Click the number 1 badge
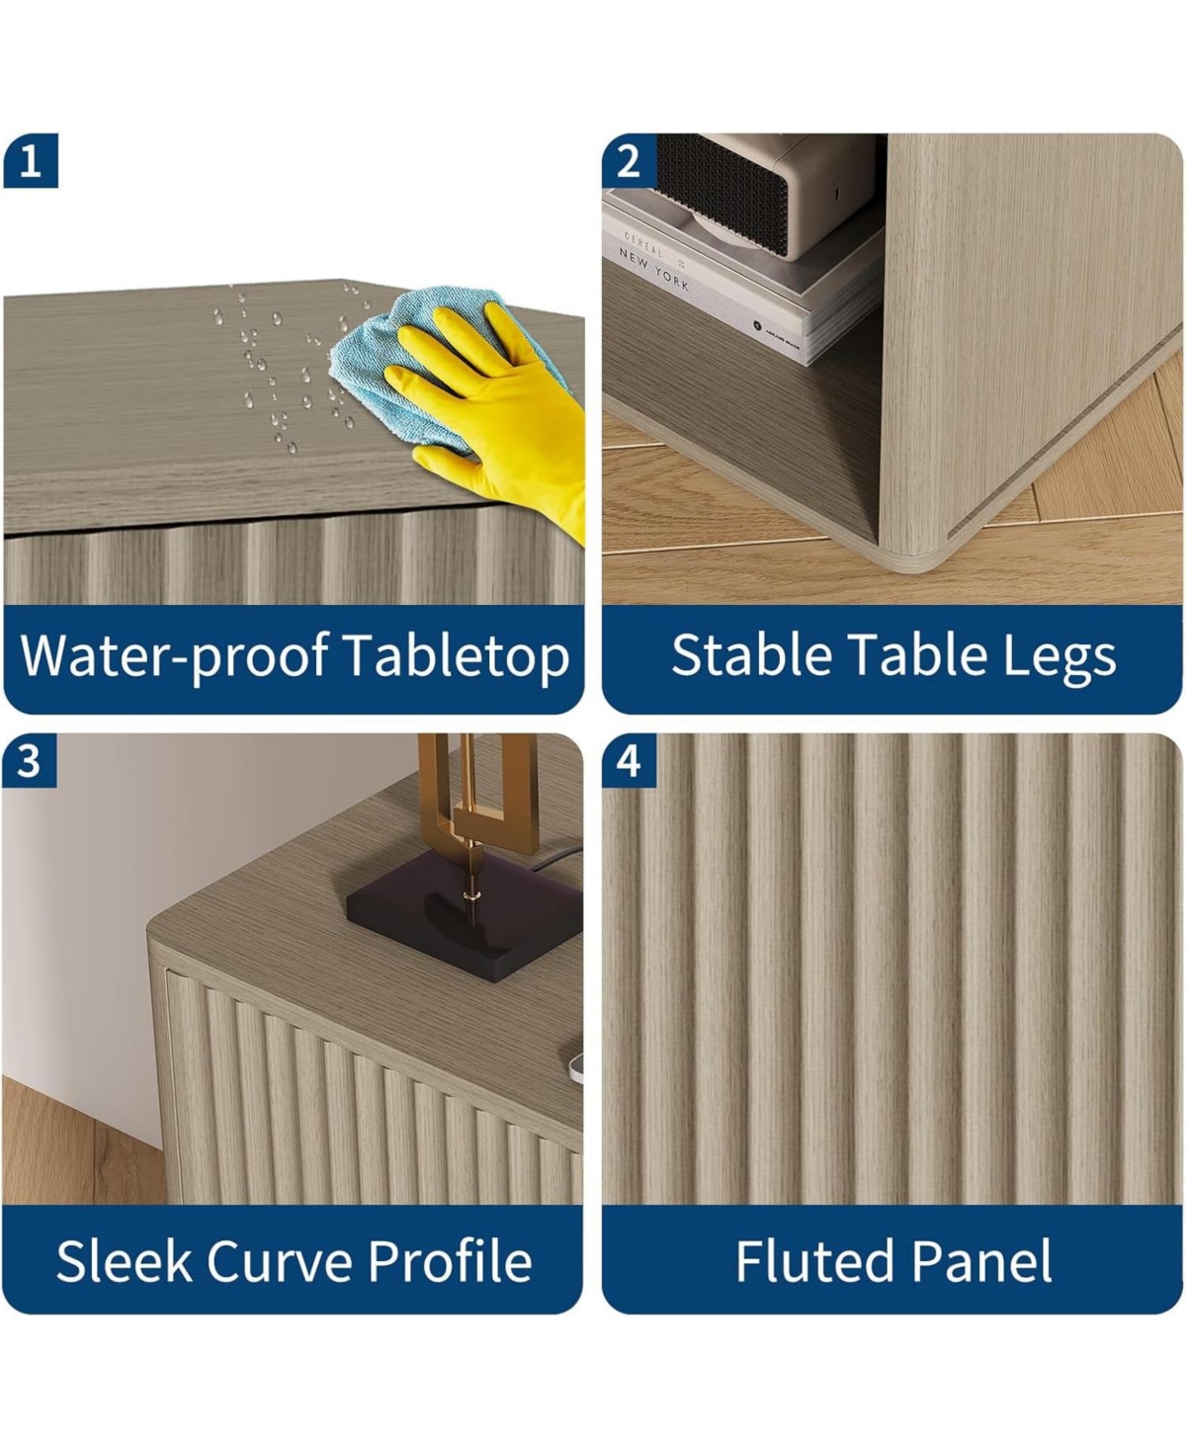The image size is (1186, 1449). tap(31, 161)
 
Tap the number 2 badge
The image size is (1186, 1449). tap(630, 161)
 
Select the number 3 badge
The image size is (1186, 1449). tap(30, 760)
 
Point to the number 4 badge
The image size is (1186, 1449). tap(630, 760)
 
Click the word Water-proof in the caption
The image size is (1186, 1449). tap(175, 657)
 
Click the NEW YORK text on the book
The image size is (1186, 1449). tap(653, 269)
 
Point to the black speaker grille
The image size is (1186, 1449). tap(721, 194)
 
